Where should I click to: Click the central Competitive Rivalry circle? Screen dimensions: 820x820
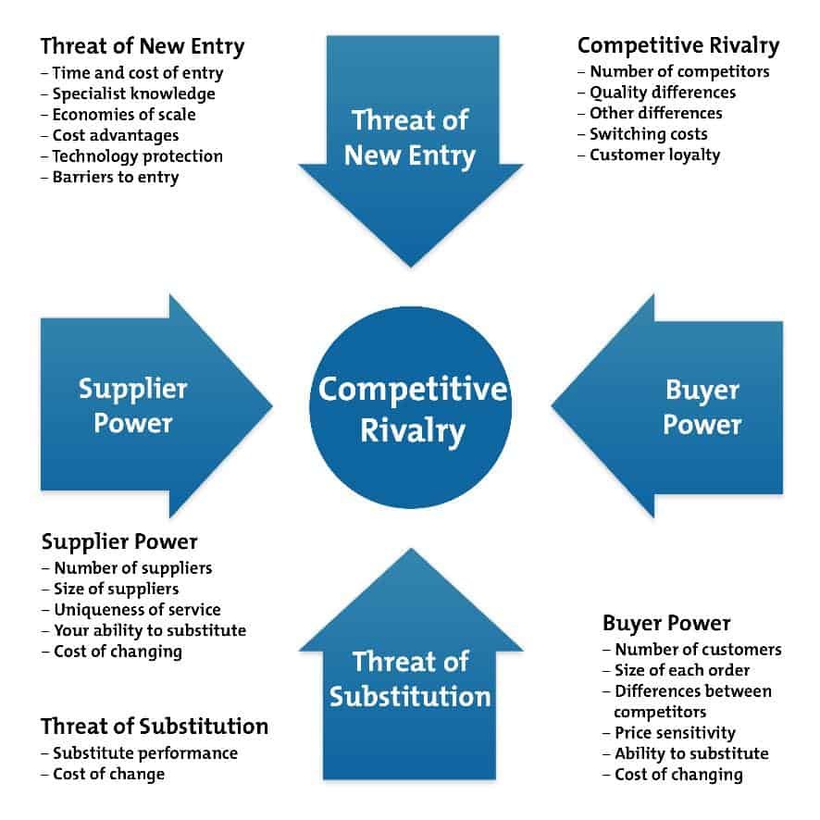411,407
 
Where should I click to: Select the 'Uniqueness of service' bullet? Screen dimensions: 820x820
131,610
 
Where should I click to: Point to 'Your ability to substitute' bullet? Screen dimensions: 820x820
143,630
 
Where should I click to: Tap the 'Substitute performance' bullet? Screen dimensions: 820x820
140,753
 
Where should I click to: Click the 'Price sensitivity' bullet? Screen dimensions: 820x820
669,733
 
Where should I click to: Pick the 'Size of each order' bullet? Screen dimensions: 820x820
677,670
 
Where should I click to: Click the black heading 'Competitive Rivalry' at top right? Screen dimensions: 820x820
678,46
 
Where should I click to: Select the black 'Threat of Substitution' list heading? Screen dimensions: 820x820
155,727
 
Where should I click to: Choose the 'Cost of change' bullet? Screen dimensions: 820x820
103,774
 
